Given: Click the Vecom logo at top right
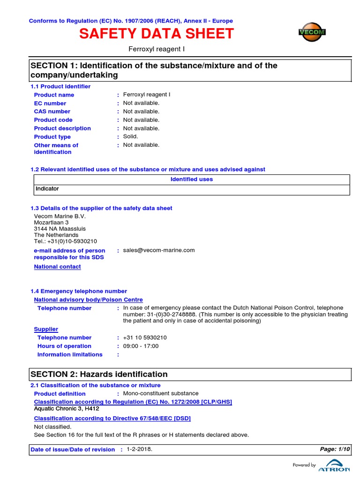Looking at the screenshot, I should [x=312, y=32].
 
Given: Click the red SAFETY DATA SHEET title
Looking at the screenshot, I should [x=156, y=34].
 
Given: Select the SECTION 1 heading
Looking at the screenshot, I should [x=154, y=70].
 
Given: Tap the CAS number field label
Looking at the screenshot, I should [x=52, y=112].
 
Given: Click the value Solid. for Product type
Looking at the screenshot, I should [x=131, y=136].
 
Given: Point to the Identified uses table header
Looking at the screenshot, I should [x=191, y=179].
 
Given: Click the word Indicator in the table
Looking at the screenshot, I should [x=47, y=188].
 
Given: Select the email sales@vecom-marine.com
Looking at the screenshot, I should [x=158, y=250].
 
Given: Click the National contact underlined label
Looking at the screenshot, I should [x=57, y=267].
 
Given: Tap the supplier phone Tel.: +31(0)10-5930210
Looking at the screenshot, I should [x=66, y=241].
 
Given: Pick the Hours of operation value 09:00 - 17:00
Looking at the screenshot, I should [x=141, y=346].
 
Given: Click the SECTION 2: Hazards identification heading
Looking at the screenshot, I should [x=99, y=374].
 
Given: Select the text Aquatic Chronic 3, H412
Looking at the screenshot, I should [x=67, y=409].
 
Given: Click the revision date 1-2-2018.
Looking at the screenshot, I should [x=139, y=449].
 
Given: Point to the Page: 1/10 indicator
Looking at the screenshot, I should [x=335, y=449].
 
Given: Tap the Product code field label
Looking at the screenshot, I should [x=53, y=120].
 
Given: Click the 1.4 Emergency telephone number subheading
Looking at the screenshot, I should [x=79, y=291].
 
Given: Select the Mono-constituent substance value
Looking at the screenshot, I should [x=160, y=393].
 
